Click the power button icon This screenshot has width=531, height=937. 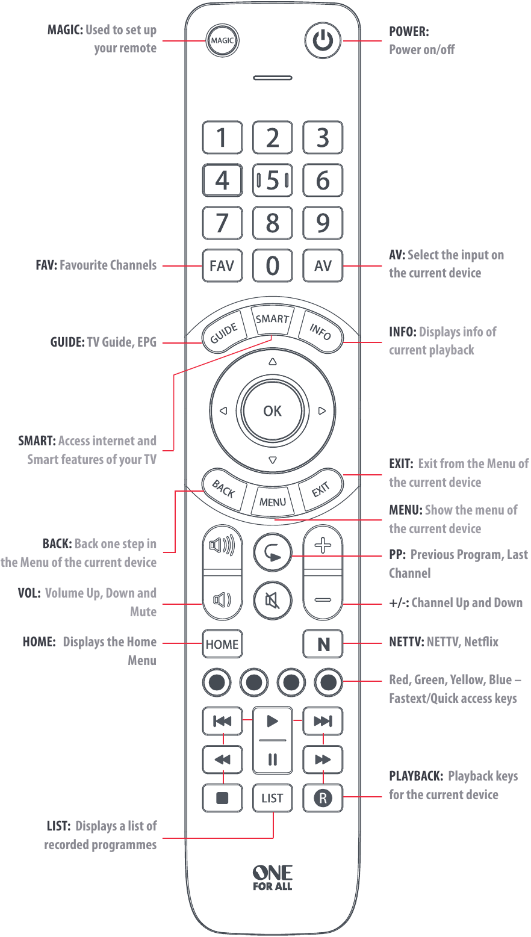[x=323, y=41]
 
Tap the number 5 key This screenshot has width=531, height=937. [x=273, y=180]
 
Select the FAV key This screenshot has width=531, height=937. [x=222, y=265]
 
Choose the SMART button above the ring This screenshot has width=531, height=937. [x=272, y=320]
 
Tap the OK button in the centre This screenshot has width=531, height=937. [x=272, y=411]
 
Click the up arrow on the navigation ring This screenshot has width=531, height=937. [x=272, y=362]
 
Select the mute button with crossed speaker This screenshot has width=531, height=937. [x=272, y=601]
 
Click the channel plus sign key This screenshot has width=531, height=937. [x=323, y=546]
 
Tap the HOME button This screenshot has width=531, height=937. [x=222, y=645]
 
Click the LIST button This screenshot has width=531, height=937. [x=272, y=798]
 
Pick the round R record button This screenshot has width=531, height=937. [x=323, y=798]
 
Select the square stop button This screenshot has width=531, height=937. [x=222, y=798]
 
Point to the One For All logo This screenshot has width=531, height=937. [x=272, y=877]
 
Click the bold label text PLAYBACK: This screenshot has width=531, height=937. [x=416, y=776]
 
